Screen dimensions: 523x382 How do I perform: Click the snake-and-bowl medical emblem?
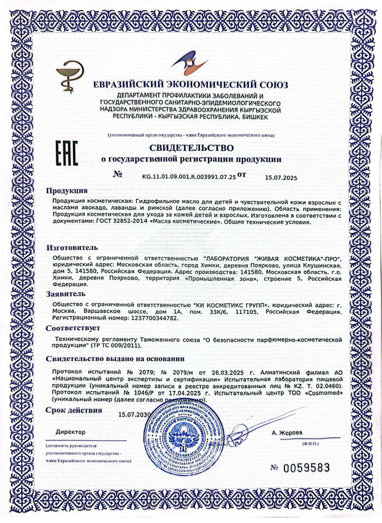pyautogui.click(x=70, y=79)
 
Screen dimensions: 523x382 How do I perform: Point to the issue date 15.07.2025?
pyautogui.click(x=281, y=177)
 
